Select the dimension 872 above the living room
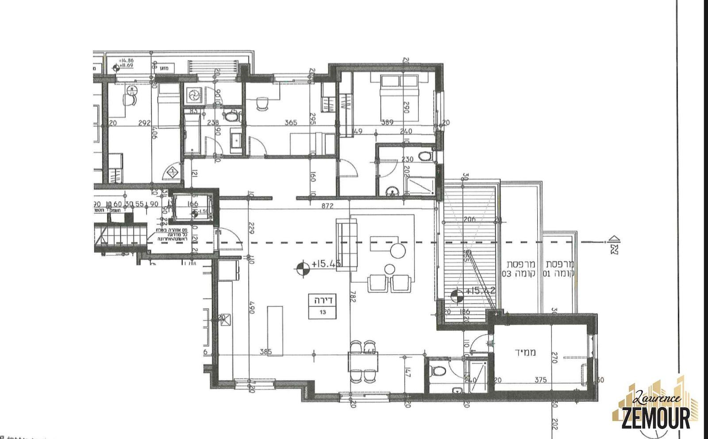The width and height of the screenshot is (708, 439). [x=327, y=206]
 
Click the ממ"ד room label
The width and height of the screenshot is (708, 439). [x=525, y=353]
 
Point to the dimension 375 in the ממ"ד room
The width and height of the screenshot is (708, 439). [x=540, y=380]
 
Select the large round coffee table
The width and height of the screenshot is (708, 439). [x=398, y=251]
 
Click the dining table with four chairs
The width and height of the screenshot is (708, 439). [x=363, y=361]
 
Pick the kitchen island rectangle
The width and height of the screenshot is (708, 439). [x=275, y=330]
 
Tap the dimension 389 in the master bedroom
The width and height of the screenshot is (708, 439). [x=387, y=122]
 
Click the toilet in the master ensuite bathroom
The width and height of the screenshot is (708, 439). [x=425, y=156]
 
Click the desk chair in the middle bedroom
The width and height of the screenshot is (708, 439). [x=263, y=103]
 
